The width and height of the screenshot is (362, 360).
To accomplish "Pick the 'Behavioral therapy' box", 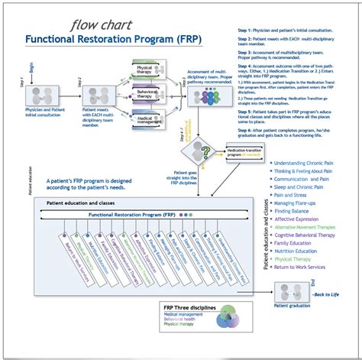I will [x=148, y=96].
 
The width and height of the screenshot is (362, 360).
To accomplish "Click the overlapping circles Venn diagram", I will [x=230, y=319].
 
